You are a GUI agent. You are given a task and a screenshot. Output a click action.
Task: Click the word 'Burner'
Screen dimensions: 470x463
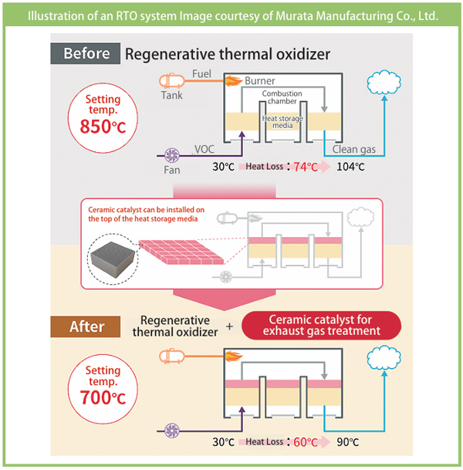[259, 80]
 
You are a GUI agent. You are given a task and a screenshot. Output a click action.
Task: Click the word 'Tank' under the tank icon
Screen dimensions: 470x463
[172, 96]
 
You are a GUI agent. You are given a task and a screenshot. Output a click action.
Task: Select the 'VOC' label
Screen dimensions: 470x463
[204, 149]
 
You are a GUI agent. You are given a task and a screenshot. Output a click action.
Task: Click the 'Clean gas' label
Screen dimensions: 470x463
[353, 149]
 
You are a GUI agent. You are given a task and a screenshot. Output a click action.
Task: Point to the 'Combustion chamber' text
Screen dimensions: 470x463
[282, 99]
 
